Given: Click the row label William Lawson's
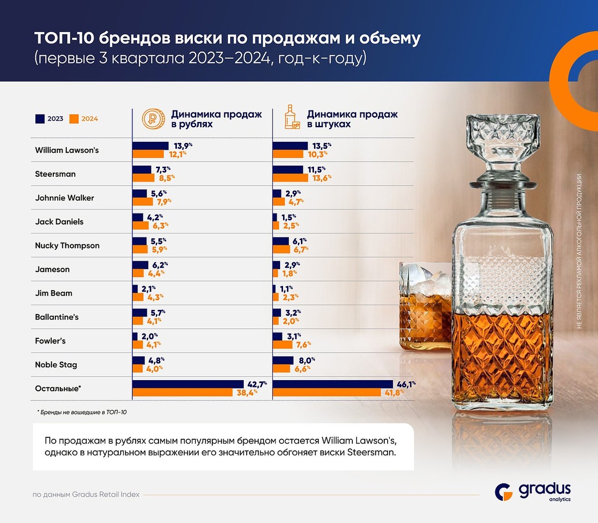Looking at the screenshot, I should point(67,150).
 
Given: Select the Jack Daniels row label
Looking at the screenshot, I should point(59,222).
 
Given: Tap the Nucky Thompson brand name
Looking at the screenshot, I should point(67,246).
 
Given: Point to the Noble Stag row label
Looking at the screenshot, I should point(56,365).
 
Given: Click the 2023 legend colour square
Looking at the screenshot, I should point(40,119).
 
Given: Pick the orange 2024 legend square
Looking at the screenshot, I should point(74,119).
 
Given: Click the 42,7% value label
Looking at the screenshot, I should point(257,384).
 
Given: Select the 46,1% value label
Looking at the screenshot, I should point(405,384).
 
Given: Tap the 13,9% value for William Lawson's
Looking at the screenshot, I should point(182,146).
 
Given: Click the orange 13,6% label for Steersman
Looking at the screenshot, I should point(321,178).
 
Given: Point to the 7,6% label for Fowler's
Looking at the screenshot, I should point(303,345).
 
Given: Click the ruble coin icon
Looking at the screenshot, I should point(152,119).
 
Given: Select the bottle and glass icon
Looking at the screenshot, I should point(292,118).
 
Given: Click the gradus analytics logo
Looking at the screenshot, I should point(533,492).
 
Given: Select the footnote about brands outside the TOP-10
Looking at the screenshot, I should point(82,412).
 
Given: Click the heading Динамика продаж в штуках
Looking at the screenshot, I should point(352,119).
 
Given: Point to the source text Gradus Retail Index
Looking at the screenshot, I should point(86,495).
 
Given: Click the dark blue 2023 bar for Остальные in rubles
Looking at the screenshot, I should point(188,384).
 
